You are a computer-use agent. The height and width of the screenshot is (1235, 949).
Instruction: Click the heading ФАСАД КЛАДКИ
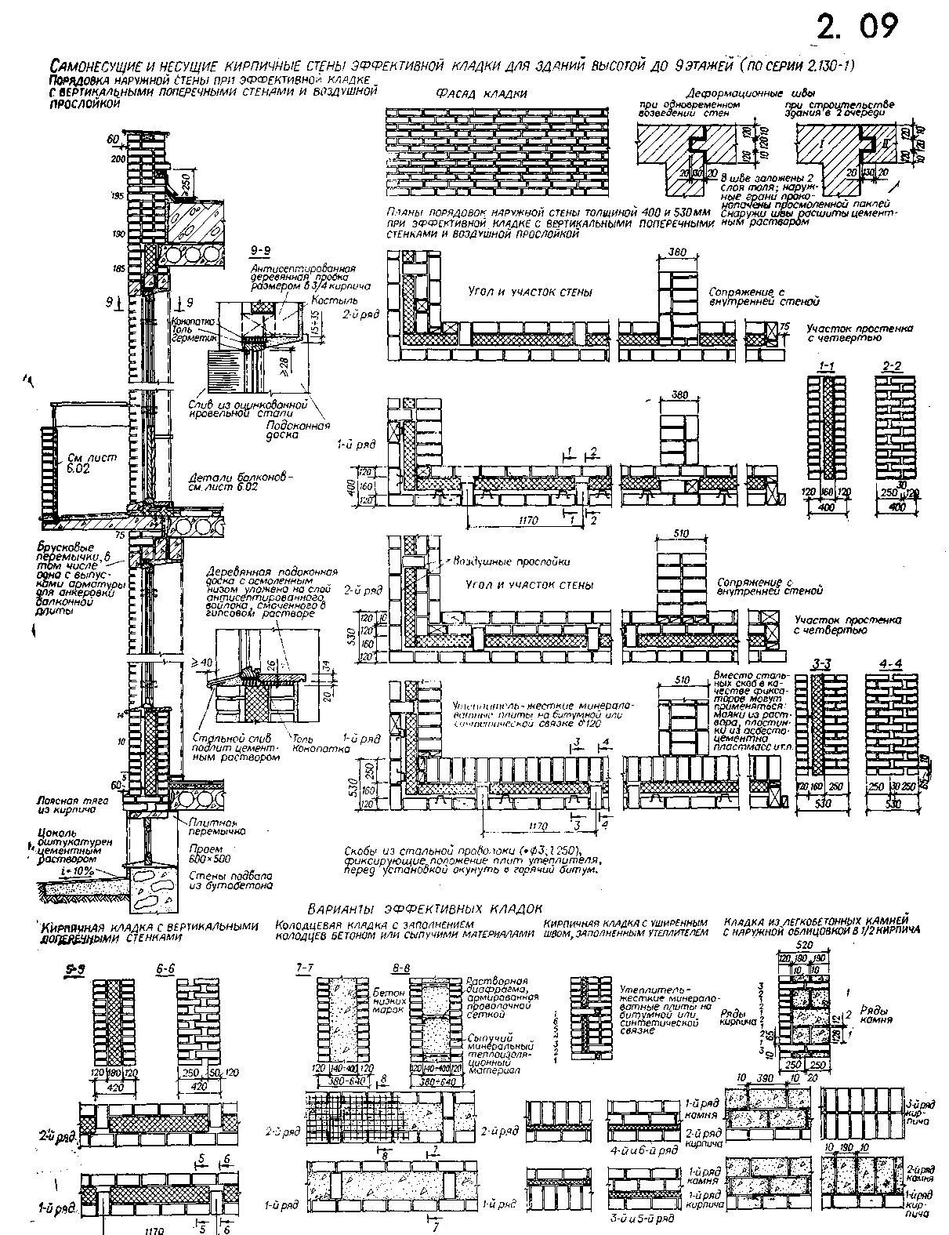coord(480,94)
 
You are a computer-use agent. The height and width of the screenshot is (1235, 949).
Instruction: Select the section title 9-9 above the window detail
coord(262,250)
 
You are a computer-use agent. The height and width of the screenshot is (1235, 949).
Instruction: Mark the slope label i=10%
coord(74,871)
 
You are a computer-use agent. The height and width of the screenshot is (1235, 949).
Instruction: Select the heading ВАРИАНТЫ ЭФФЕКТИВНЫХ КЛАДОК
coord(425,908)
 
